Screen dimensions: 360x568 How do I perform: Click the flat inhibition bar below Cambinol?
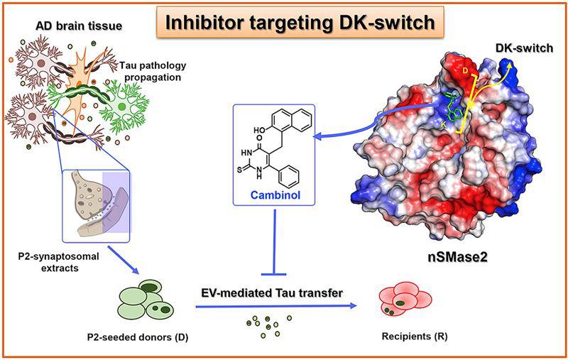coord(273,272)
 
